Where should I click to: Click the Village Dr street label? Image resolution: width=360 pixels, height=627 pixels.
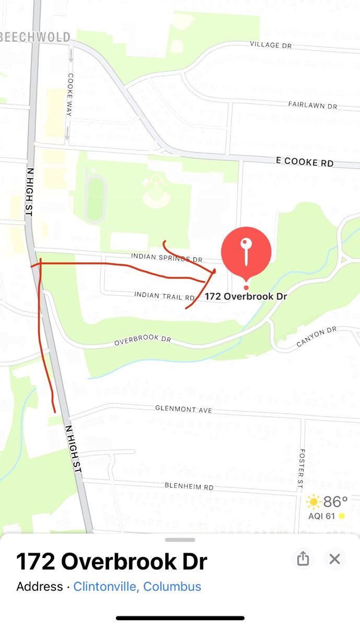271,45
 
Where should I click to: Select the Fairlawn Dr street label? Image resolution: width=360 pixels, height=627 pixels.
312,105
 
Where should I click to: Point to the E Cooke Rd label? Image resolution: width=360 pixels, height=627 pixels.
305,162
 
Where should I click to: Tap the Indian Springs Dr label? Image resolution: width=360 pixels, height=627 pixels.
166,258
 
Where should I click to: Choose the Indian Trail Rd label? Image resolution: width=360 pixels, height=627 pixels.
165,296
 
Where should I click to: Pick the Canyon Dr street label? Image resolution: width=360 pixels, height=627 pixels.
317,337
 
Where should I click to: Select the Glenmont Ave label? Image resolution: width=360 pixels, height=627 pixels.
183,409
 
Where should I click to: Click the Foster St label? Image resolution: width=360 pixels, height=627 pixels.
301,469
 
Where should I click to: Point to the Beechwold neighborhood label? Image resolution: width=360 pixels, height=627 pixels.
36,37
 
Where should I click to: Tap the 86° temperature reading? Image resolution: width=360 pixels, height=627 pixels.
335,502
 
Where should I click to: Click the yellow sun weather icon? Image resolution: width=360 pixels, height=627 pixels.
313,503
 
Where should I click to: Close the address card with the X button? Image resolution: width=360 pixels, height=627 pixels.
334,559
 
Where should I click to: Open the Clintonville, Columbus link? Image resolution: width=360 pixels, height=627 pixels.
137,586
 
